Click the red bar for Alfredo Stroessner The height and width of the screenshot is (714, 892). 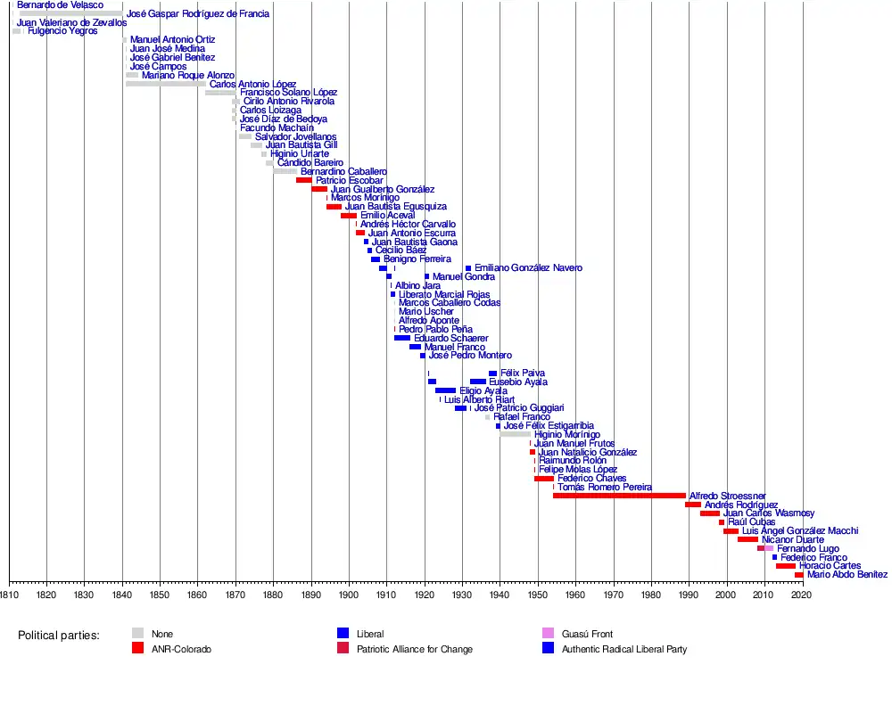pyautogui.click(x=619, y=496)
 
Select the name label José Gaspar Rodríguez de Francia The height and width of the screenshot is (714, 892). pyautogui.click(x=197, y=14)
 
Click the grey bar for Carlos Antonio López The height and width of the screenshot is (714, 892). pyautogui.click(x=166, y=84)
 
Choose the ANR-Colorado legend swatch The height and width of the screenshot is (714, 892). pyautogui.click(x=137, y=649)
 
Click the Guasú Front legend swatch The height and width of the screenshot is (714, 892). pyautogui.click(x=548, y=634)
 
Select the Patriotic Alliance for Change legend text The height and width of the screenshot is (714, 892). pyautogui.click(x=415, y=650)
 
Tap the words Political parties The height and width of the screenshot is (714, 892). pyautogui.click(x=59, y=635)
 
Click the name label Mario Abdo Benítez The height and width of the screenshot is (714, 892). pyautogui.click(x=847, y=575)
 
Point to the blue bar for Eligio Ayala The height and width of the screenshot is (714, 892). pyautogui.click(x=445, y=390)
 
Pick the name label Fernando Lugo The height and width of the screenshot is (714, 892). pyautogui.click(x=808, y=548)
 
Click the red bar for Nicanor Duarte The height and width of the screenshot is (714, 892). pyautogui.click(x=747, y=539)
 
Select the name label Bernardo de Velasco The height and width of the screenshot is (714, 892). pyautogui.click(x=60, y=5)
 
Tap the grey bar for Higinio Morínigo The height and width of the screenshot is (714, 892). pyautogui.click(x=516, y=434)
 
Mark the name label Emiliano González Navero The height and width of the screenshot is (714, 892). pyautogui.click(x=528, y=268)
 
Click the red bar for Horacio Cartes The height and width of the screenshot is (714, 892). pyautogui.click(x=785, y=566)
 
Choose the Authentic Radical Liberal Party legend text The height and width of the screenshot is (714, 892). pyautogui.click(x=624, y=650)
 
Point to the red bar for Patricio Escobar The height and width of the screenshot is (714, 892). pyautogui.click(x=303, y=180)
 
